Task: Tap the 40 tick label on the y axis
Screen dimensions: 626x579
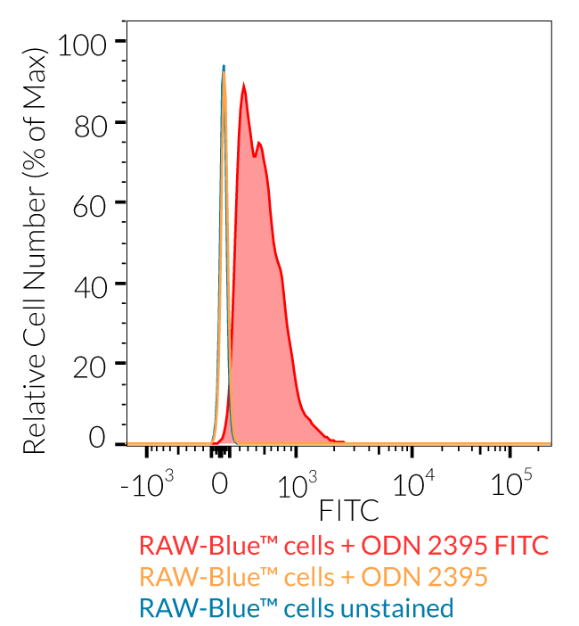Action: coord(91,284)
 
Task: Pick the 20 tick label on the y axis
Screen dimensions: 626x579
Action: coord(91,365)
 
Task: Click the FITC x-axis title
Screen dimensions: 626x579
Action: coord(348,510)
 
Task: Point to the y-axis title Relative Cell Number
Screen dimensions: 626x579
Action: coord(34,252)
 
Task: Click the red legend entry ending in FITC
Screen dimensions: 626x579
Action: coord(343,545)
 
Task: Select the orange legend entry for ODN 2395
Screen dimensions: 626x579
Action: coord(314,576)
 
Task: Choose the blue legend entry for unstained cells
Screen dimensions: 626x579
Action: coord(297,608)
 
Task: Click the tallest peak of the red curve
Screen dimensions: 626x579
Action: coord(243,86)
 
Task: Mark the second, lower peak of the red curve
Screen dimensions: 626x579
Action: coord(258,143)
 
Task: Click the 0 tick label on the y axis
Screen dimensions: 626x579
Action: coord(96,439)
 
